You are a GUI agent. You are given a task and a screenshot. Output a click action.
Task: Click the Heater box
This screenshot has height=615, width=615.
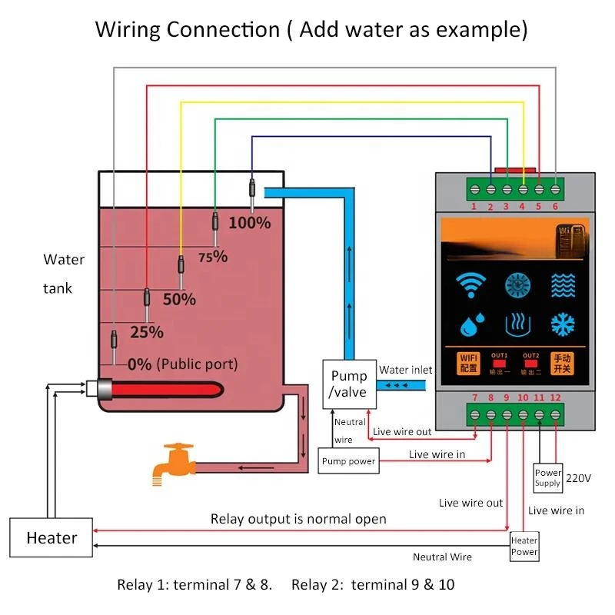tap(52, 537)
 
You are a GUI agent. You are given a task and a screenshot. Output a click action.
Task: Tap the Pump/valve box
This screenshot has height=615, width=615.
tap(348, 384)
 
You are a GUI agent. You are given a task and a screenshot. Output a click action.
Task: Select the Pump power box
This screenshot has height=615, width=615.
tap(348, 461)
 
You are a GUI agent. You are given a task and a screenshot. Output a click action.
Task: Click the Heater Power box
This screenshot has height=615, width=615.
tap(524, 546)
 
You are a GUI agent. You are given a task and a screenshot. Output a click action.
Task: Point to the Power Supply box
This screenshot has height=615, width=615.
tap(547, 478)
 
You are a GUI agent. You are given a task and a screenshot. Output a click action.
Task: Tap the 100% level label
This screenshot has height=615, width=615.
tap(250, 223)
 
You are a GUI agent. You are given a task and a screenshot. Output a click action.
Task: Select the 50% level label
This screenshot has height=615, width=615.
tap(179, 299)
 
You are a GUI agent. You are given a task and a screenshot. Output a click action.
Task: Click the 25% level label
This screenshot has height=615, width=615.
tap(146, 332)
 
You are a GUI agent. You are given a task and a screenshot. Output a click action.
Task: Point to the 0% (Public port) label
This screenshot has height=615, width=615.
tap(182, 364)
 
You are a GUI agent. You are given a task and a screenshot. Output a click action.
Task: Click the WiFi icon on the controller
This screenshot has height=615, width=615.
tap(468, 284)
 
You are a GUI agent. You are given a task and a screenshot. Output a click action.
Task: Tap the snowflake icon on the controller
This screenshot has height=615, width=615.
tap(562, 324)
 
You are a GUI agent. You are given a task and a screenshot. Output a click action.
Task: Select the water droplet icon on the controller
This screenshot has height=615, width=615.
tap(468, 324)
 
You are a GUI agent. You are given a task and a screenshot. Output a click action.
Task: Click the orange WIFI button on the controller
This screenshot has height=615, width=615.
tap(468, 362)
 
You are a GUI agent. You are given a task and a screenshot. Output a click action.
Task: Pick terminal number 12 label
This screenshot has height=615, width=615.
tap(556, 397)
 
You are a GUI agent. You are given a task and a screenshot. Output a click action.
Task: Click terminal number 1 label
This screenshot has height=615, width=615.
tap(474, 207)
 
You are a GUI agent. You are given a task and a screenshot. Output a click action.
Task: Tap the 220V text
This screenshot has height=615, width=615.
tap(578, 477)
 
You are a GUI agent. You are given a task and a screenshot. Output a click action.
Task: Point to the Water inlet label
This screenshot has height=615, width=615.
tap(406, 370)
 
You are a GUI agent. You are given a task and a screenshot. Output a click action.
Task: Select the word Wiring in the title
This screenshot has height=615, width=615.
tap(128, 30)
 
